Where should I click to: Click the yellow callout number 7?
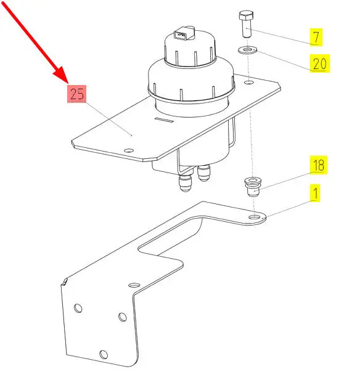(x=316, y=37)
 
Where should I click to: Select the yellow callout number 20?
(x=319, y=63)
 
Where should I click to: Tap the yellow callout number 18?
(x=319, y=165)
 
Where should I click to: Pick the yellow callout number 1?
(x=315, y=193)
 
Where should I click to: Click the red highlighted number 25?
(x=77, y=94)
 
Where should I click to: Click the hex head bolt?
(x=246, y=24)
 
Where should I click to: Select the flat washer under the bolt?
(x=248, y=51)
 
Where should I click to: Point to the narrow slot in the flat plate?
(x=164, y=120)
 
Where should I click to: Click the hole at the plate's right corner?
(x=249, y=83)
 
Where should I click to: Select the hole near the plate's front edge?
(x=129, y=150)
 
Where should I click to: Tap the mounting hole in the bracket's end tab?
(x=254, y=217)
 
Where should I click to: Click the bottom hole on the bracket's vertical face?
(x=104, y=354)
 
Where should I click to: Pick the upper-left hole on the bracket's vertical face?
(x=78, y=308)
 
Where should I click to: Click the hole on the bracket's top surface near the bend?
(x=134, y=285)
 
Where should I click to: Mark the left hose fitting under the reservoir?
(x=184, y=182)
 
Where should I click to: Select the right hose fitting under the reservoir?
(x=203, y=173)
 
